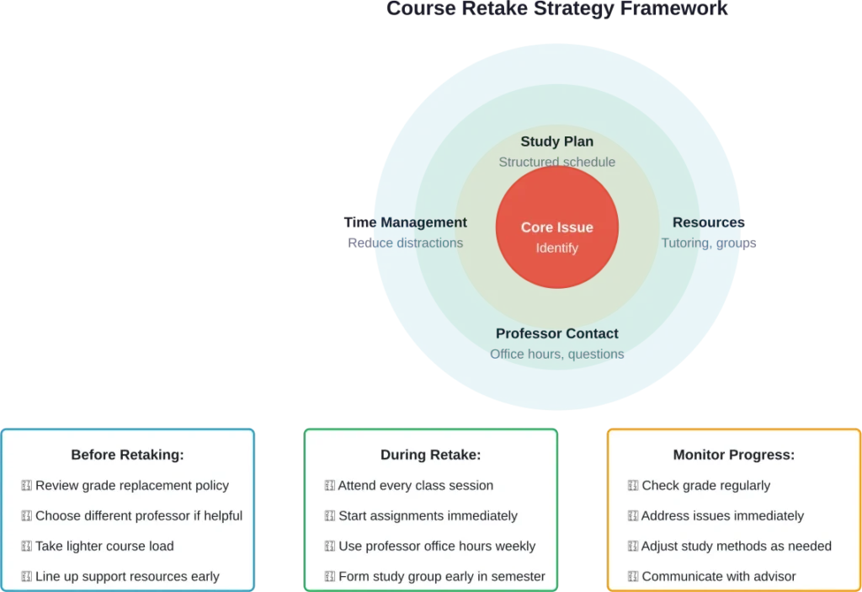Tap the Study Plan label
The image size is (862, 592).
[x=556, y=141]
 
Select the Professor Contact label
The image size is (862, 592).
[x=556, y=333]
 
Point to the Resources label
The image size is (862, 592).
[x=708, y=222]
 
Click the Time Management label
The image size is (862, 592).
[x=404, y=222]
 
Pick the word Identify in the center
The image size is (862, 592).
[x=556, y=248]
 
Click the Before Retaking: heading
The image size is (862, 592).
[x=127, y=455]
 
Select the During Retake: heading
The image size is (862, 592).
[x=430, y=455]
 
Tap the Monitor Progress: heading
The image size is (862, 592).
[x=733, y=455]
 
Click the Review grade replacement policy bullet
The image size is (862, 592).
[x=131, y=485]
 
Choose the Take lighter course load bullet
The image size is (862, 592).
[x=104, y=546]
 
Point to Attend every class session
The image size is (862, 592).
[x=415, y=485]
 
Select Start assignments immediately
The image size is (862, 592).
[x=428, y=515]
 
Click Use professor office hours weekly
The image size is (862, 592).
[x=436, y=546]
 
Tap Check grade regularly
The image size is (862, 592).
[x=705, y=485]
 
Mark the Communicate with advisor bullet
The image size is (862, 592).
[x=718, y=576]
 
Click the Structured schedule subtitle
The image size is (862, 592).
[x=556, y=162]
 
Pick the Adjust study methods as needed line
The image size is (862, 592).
[x=736, y=546]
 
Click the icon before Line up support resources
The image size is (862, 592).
[x=26, y=576]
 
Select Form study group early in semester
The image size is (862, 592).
[x=441, y=576]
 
